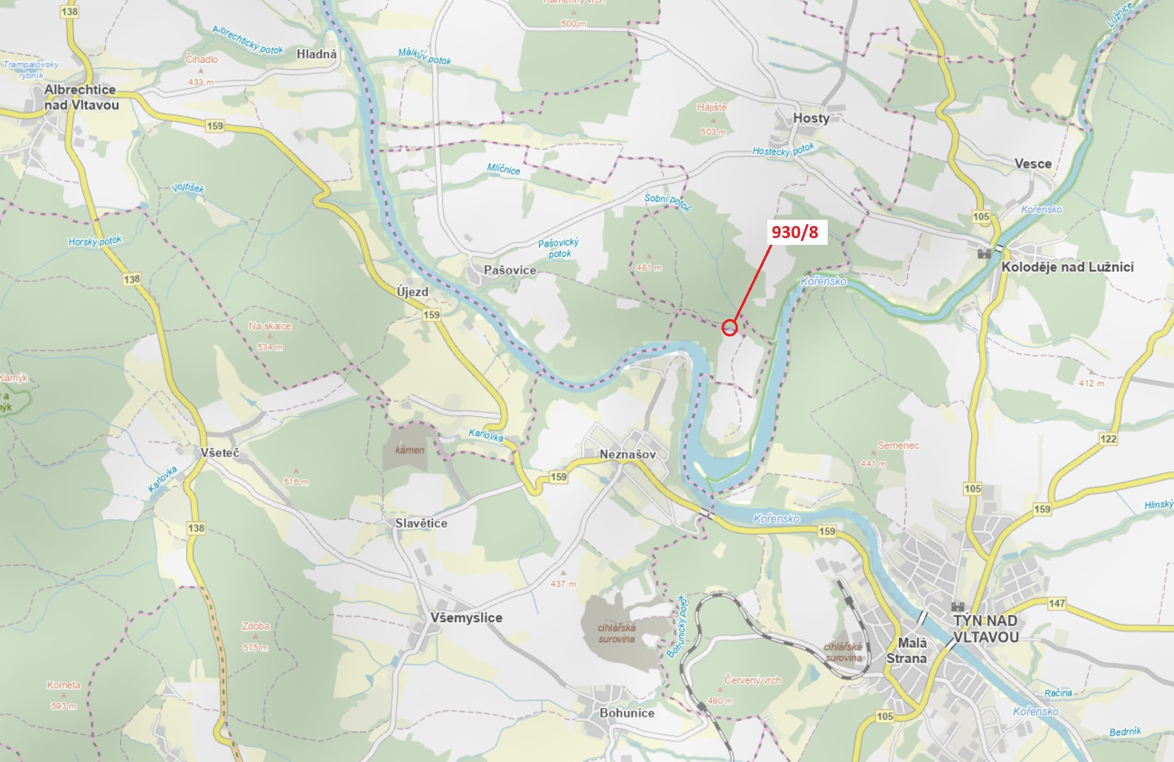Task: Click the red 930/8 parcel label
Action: point(794,232)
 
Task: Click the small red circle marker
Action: point(730,327)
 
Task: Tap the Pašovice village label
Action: point(509,270)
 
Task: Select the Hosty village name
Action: point(811,118)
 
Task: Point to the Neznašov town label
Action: point(628,455)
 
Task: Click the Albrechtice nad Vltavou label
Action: point(81,97)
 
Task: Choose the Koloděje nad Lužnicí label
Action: point(1067,267)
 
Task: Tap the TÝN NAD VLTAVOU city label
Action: point(985,628)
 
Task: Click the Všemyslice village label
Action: point(466,617)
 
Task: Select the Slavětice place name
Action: point(421,523)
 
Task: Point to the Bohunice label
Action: point(627,713)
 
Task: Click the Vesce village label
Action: point(1033,164)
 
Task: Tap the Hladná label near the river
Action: point(316,54)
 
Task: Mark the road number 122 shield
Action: point(1108,439)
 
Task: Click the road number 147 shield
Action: point(1057,603)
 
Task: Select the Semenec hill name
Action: point(898,445)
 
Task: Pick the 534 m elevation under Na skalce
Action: point(270,348)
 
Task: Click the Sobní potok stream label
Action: point(668,201)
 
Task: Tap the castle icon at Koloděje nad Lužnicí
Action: point(984,254)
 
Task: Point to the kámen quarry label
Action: point(410,450)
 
